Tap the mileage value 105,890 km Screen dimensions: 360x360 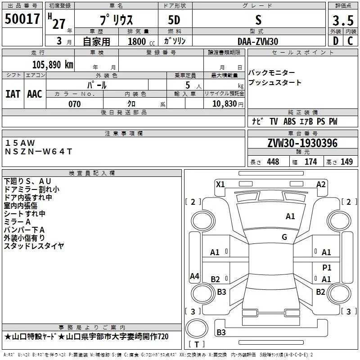pyautogui.click(x=53, y=64)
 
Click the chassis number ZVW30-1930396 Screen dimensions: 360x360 pyautogui.click(x=302, y=143)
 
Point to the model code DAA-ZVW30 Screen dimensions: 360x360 pyautogui.click(x=258, y=41)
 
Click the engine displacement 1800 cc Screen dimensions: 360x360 pyautogui.click(x=138, y=41)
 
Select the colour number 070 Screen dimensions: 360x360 pyautogui.click(x=75, y=104)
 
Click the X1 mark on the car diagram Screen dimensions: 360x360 pyautogui.click(x=220, y=184)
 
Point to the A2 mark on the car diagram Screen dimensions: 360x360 pyautogui.click(x=321, y=184)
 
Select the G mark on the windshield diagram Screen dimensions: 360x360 pyautogui.click(x=284, y=237)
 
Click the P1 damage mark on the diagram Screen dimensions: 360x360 pyautogui.click(x=327, y=267)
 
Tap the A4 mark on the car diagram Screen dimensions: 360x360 pyautogui.click(x=194, y=276)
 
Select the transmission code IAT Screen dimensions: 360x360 pyautogui.click(x=13, y=94)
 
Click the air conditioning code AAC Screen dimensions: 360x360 pyautogui.click(x=35, y=94)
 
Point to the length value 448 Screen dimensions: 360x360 pyautogui.click(x=273, y=162)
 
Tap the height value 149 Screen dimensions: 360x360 pyautogui.click(x=346, y=162)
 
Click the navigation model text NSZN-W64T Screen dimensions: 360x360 pyautogui.click(x=38, y=151)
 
